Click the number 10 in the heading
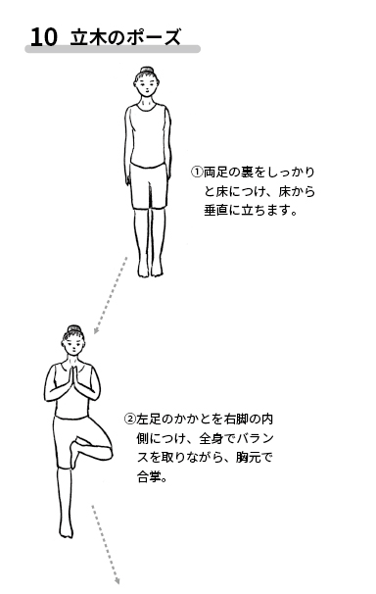44,37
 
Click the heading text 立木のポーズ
125,37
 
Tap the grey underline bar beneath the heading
113,49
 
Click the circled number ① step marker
197,173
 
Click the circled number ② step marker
130,419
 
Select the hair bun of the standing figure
147,71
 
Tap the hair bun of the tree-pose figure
74,328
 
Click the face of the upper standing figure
146,85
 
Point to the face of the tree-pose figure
73,344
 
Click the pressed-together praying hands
74,379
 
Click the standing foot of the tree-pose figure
66,529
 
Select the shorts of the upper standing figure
149,185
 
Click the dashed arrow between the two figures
111,295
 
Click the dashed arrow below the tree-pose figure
106,544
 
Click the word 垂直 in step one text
216,210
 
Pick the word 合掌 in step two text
149,477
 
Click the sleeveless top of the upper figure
148,135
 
